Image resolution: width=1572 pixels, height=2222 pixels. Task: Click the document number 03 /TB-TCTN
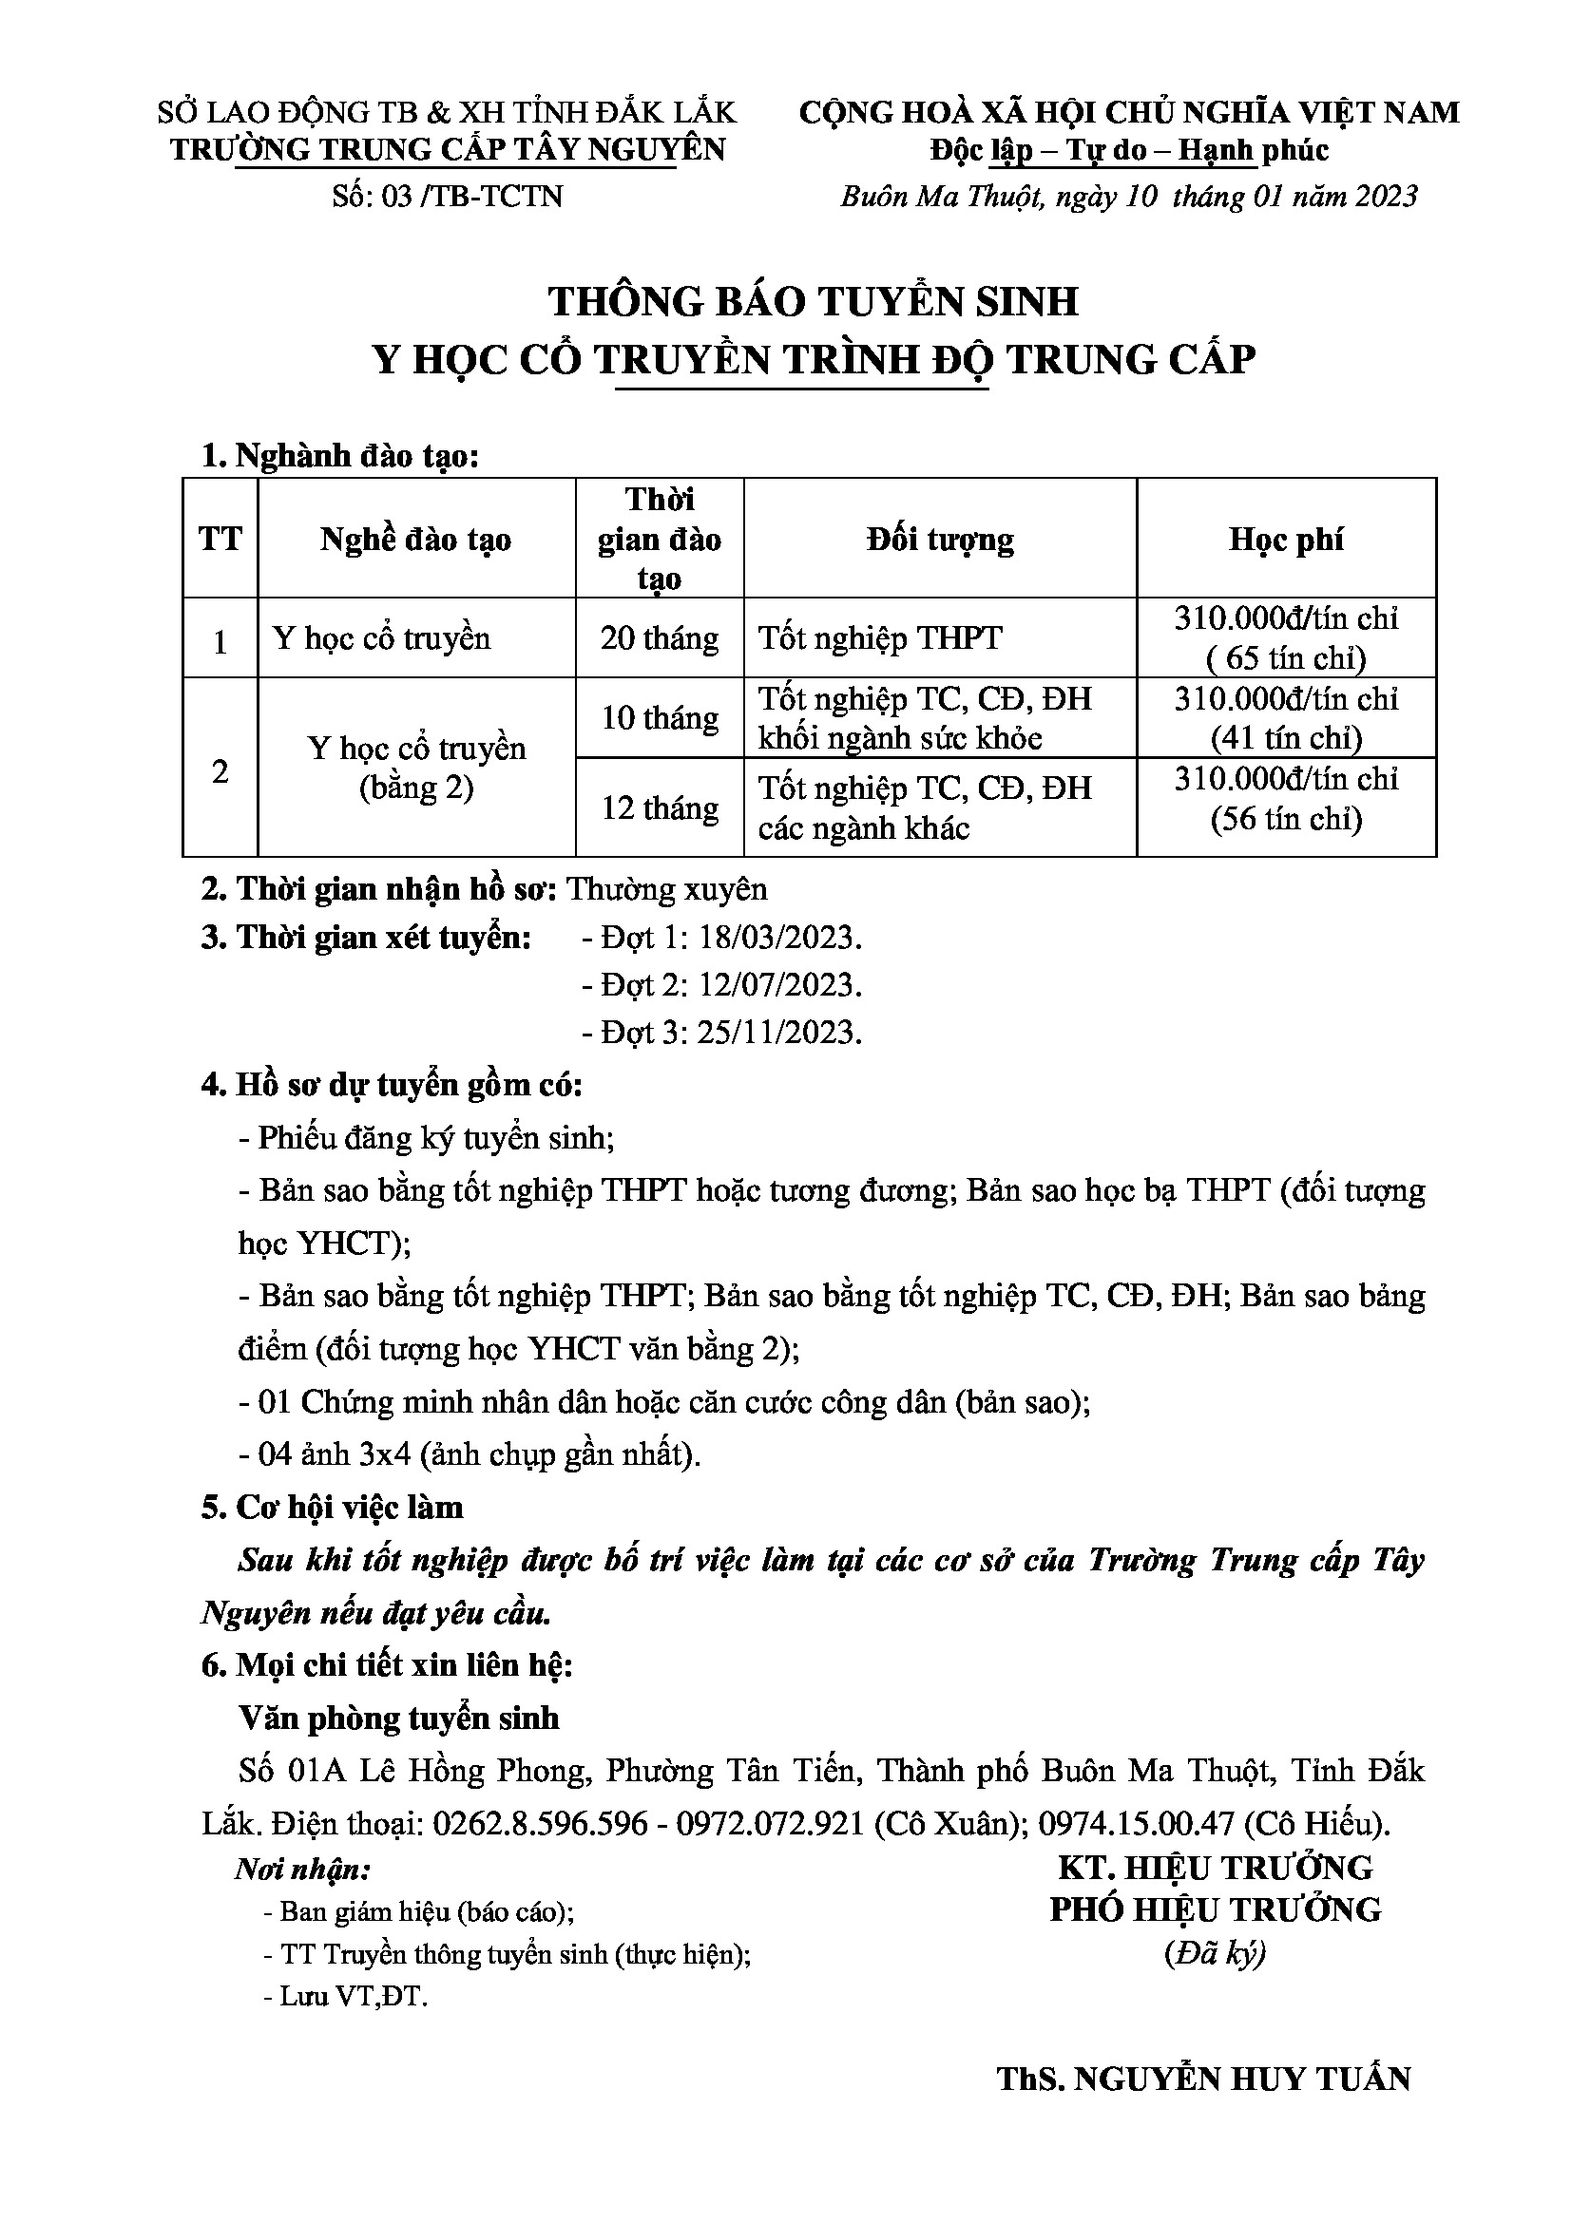click(x=447, y=197)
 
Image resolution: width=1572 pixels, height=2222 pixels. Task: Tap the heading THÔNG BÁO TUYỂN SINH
click(x=814, y=301)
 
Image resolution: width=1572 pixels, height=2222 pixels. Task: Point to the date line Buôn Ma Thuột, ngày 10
click(x=1128, y=197)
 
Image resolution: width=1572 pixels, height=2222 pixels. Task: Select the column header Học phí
click(x=1286, y=539)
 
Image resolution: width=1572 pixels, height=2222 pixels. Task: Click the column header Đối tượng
click(x=939, y=539)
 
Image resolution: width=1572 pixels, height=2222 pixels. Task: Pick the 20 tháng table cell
click(x=660, y=638)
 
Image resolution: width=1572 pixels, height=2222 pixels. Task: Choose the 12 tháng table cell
click(x=660, y=808)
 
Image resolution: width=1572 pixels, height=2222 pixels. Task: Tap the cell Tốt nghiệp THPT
click(x=880, y=638)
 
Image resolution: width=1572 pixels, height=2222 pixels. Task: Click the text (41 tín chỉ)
click(x=1286, y=738)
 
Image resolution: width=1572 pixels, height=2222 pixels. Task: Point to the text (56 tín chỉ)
click(x=1286, y=820)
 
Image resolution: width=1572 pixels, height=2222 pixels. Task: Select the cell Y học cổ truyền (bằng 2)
click(x=416, y=769)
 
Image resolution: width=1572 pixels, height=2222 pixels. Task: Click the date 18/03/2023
click(x=779, y=938)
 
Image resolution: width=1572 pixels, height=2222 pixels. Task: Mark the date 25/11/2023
click(x=779, y=1034)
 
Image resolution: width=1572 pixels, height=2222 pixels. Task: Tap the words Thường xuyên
click(x=666, y=888)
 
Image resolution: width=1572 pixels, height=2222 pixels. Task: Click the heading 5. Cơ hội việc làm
click(x=332, y=1508)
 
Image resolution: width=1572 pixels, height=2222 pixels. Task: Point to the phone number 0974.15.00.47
click(x=1137, y=1823)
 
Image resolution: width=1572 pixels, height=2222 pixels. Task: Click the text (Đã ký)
click(x=1215, y=1954)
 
